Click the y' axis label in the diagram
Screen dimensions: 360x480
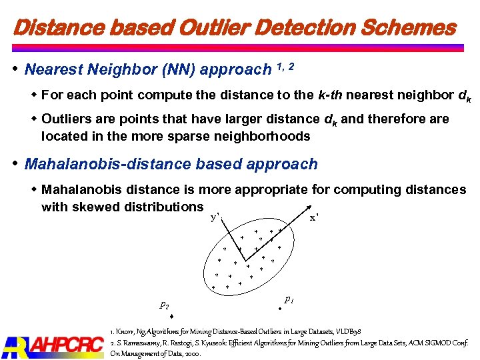[x=215, y=217]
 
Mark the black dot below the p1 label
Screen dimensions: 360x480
[x=281, y=309]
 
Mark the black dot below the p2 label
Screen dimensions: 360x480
[x=171, y=316]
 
